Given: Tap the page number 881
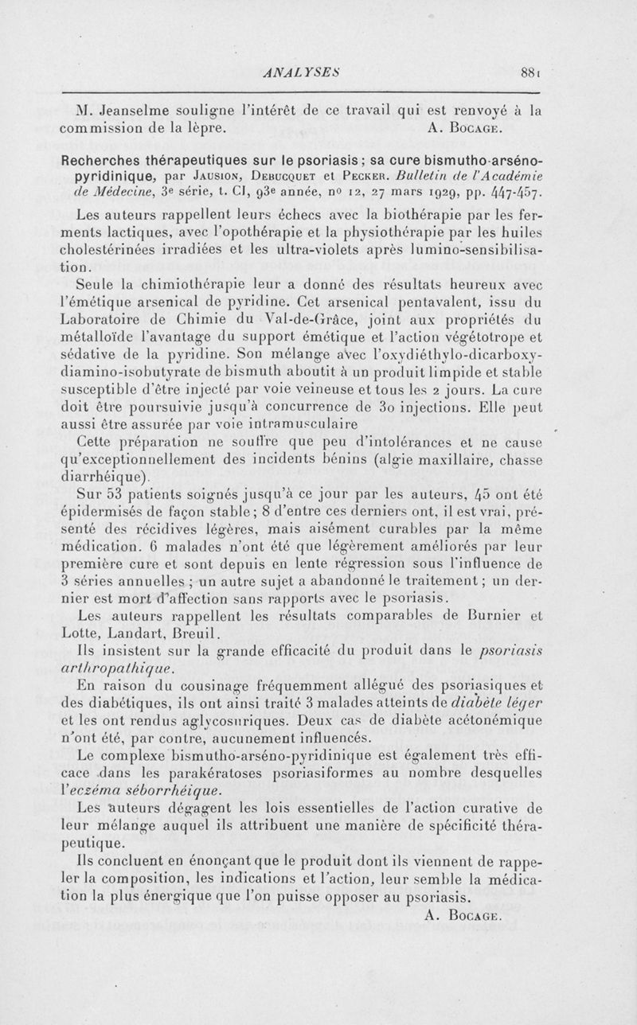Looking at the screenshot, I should pos(530,70).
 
